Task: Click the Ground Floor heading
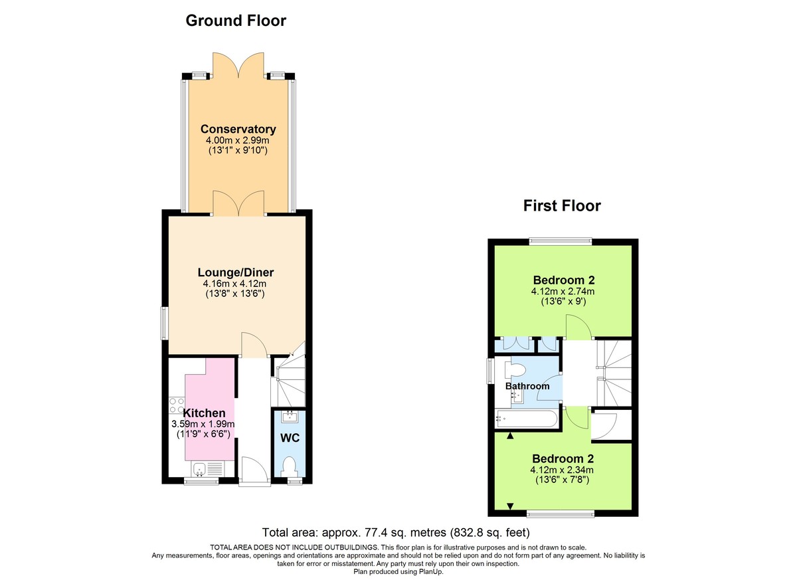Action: pos(236,21)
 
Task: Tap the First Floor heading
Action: pos(562,205)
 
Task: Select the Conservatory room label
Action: pos(238,129)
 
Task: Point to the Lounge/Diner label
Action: pos(236,272)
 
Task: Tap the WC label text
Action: pos(289,439)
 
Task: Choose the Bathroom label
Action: pos(527,386)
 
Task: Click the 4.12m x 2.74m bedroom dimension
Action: pos(563,291)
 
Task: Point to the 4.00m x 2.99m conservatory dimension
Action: pos(238,141)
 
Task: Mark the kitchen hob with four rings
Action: pos(177,406)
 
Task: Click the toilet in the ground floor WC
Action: pos(289,466)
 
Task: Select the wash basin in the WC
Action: pos(289,418)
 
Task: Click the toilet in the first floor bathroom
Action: pos(513,369)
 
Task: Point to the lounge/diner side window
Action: pos(165,323)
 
